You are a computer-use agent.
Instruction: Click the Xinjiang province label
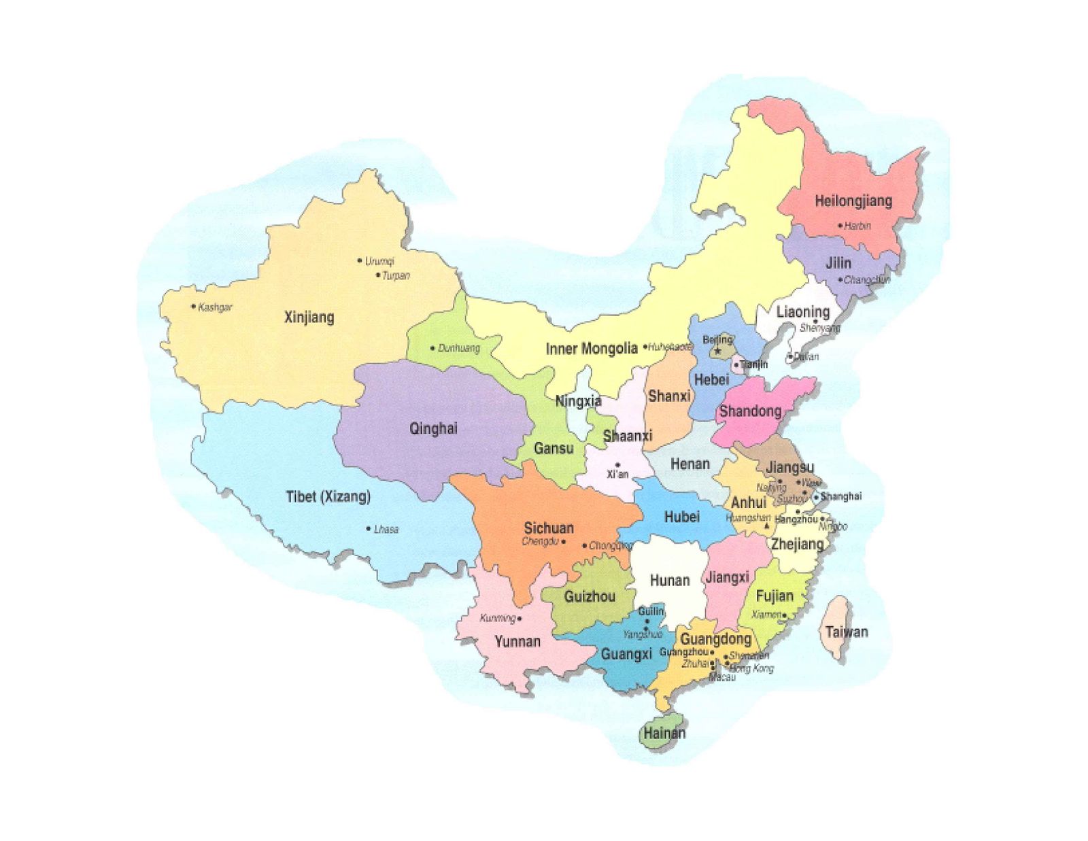point(309,317)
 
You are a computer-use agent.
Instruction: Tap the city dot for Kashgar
point(194,307)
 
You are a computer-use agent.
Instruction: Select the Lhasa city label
point(386,529)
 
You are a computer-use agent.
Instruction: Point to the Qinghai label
point(433,428)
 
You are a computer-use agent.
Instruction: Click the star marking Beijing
point(717,351)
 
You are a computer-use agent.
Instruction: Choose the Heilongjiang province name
point(853,201)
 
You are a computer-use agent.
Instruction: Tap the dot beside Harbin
point(840,226)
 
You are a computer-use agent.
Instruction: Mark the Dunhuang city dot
point(432,348)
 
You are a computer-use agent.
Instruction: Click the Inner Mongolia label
point(592,349)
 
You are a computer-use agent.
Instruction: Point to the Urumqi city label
point(379,261)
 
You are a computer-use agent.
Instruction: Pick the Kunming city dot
point(520,619)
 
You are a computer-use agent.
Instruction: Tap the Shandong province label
point(750,411)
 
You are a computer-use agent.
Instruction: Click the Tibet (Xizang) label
point(328,497)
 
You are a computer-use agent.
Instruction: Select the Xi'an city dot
point(617,464)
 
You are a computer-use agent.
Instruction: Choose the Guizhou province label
point(590,597)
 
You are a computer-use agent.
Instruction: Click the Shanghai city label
point(841,496)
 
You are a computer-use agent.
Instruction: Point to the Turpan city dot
point(378,275)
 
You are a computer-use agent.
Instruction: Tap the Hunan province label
point(670,581)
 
